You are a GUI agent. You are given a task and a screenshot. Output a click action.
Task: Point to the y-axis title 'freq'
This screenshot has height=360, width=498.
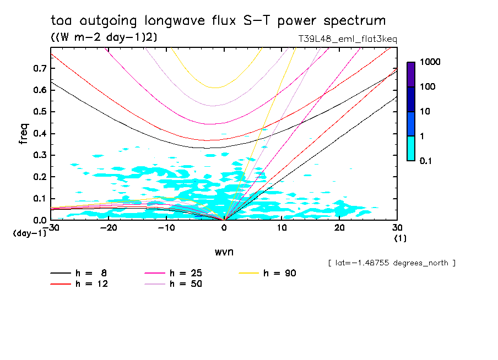(24, 134)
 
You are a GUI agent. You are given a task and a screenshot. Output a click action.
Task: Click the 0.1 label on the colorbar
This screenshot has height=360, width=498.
(425, 161)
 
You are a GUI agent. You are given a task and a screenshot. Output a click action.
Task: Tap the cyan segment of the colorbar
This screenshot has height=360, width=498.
(411, 148)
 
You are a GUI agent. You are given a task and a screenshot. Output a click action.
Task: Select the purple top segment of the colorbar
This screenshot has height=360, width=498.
(411, 74)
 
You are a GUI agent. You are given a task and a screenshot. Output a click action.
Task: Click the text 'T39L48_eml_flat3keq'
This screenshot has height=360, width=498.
(348, 39)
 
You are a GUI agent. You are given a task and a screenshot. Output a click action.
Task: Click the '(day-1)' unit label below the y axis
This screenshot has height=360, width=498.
(29, 233)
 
